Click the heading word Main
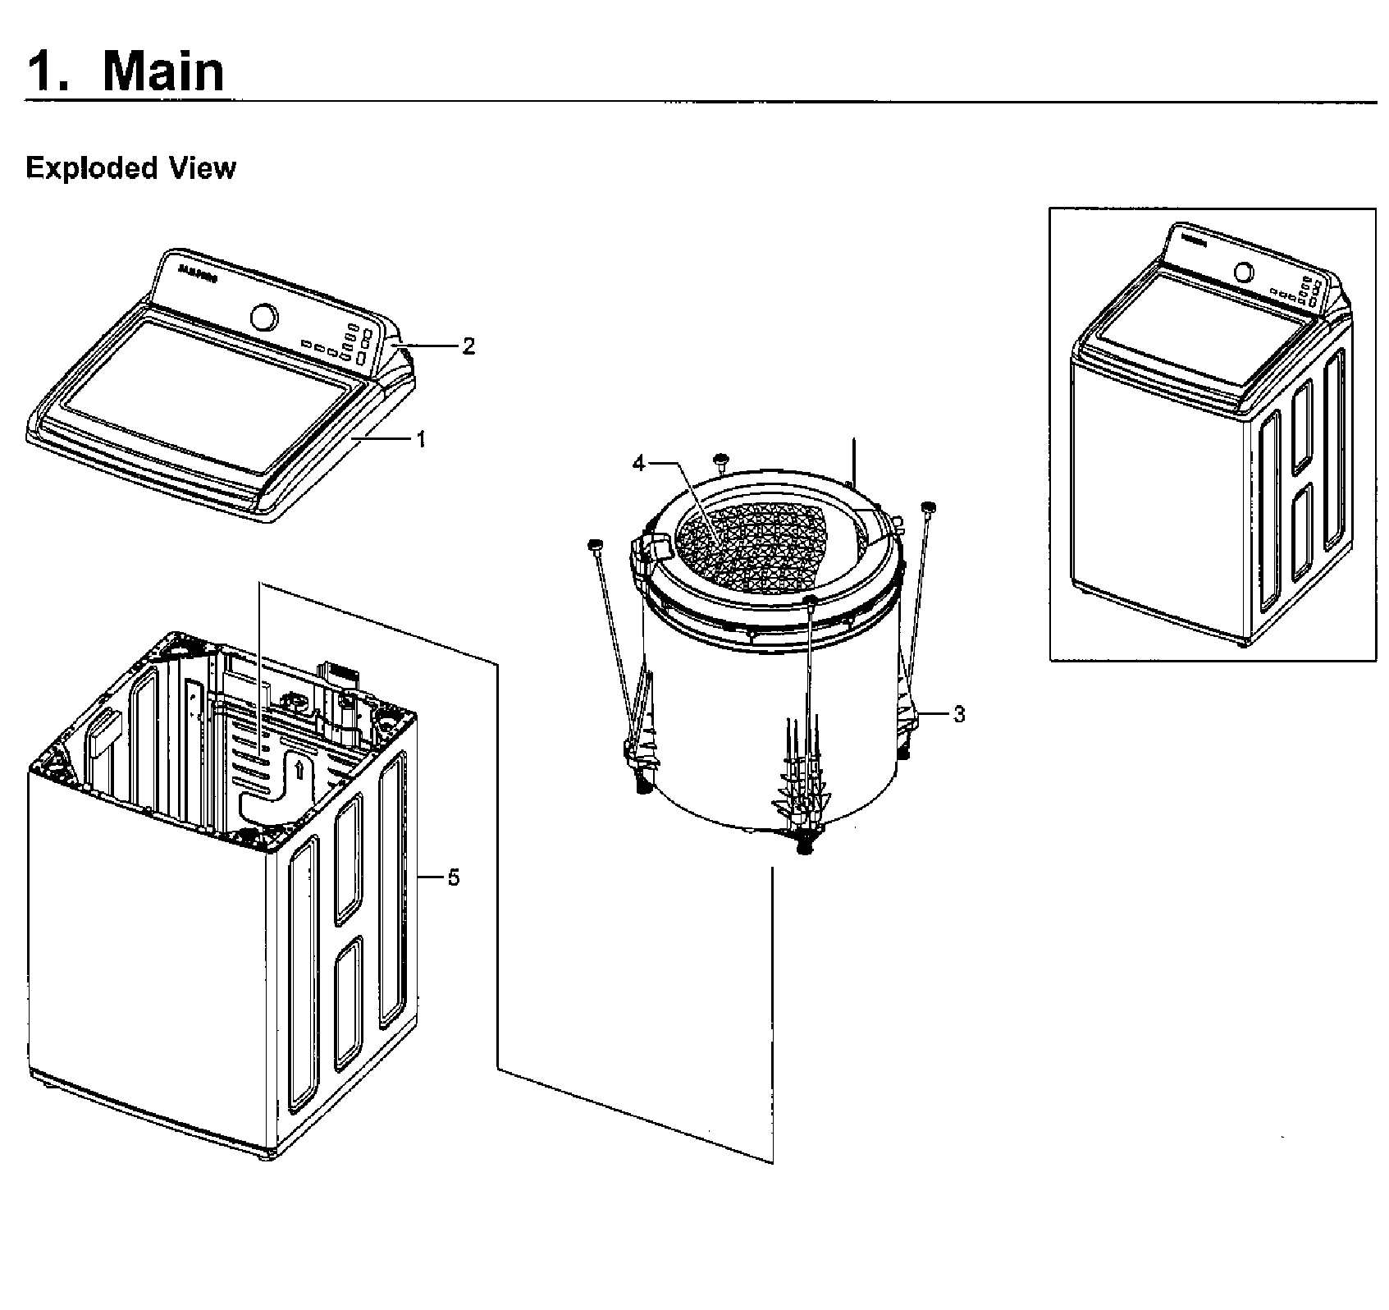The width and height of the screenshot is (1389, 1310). click(x=162, y=71)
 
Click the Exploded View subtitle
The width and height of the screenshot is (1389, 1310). click(x=130, y=168)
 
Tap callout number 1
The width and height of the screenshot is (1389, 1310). click(x=421, y=440)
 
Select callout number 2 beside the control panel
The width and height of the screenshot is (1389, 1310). click(x=468, y=346)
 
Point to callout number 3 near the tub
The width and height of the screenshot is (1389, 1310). click(x=958, y=715)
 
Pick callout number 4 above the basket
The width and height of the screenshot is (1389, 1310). click(x=639, y=464)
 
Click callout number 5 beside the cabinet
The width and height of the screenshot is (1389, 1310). click(x=453, y=878)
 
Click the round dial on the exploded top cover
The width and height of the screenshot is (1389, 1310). click(x=263, y=316)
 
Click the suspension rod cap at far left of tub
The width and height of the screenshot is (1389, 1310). click(x=595, y=544)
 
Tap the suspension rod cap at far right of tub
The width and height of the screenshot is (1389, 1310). click(x=929, y=506)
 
